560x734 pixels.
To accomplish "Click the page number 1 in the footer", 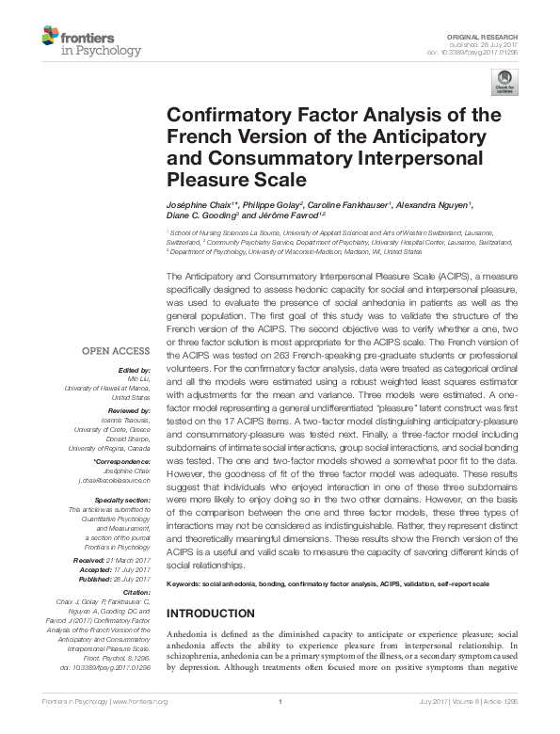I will click(280, 701).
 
